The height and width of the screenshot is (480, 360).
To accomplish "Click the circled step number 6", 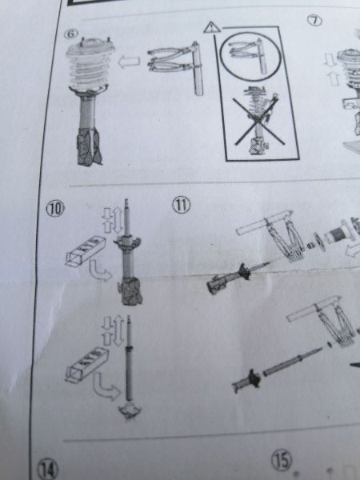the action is pyautogui.click(x=70, y=34).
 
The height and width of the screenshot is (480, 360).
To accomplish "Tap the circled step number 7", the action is pyautogui.click(x=314, y=21).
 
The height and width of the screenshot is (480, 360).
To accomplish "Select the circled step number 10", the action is pyautogui.click(x=55, y=209).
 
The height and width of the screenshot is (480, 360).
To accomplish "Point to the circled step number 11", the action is pyautogui.click(x=182, y=205).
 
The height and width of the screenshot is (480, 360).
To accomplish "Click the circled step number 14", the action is pyautogui.click(x=48, y=469).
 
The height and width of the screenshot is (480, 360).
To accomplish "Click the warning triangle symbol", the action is pyautogui.click(x=212, y=27).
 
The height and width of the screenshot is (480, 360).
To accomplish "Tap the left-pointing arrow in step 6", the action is pyautogui.click(x=129, y=62).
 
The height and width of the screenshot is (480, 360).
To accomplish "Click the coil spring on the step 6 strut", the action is pyautogui.click(x=89, y=69).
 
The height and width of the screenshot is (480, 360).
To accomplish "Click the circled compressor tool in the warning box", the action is pyautogui.click(x=250, y=57).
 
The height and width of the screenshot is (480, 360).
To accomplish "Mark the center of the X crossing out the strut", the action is pyautogui.click(x=258, y=121).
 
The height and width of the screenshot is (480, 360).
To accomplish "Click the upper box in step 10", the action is pyautogui.click(x=86, y=250).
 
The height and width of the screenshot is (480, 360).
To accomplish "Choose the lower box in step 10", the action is pyautogui.click(x=87, y=365).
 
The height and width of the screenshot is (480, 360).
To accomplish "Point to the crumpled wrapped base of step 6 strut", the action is pyautogui.click(x=89, y=146).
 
